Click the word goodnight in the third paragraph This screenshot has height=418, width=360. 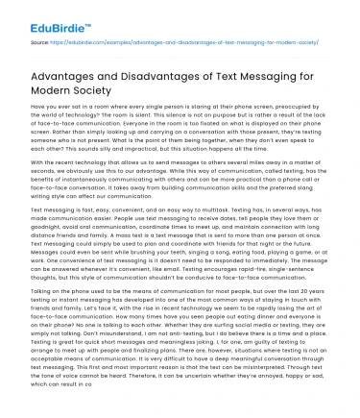click(39, 253)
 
